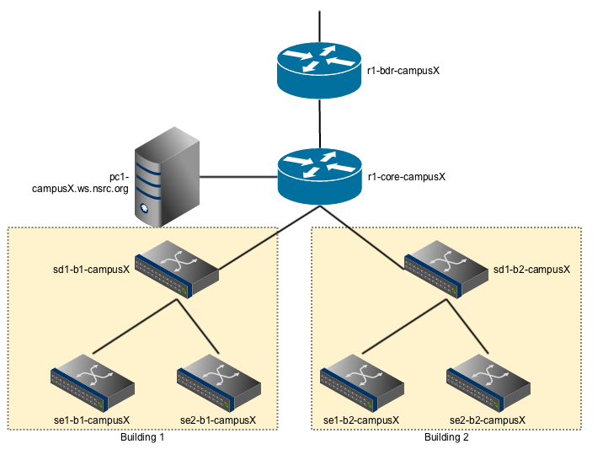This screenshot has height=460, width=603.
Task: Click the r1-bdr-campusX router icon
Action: [x=319, y=70]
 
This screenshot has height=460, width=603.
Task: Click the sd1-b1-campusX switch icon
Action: [x=178, y=269]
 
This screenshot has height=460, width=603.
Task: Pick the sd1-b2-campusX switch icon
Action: [x=446, y=269]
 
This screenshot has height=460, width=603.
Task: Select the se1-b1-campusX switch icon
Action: [x=93, y=384]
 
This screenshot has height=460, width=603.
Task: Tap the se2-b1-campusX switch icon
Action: [x=217, y=384]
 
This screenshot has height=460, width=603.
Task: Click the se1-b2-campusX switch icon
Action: [x=361, y=384]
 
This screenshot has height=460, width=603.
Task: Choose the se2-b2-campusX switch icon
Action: [x=487, y=384]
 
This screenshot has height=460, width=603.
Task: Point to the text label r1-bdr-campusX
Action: [x=405, y=72]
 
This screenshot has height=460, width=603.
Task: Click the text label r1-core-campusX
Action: [x=407, y=178]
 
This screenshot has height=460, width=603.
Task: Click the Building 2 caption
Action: [x=446, y=438]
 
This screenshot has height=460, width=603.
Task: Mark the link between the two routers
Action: [x=319, y=123]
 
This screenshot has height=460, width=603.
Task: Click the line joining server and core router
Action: [x=238, y=177]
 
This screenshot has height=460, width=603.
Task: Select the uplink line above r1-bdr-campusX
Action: [x=319, y=25]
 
